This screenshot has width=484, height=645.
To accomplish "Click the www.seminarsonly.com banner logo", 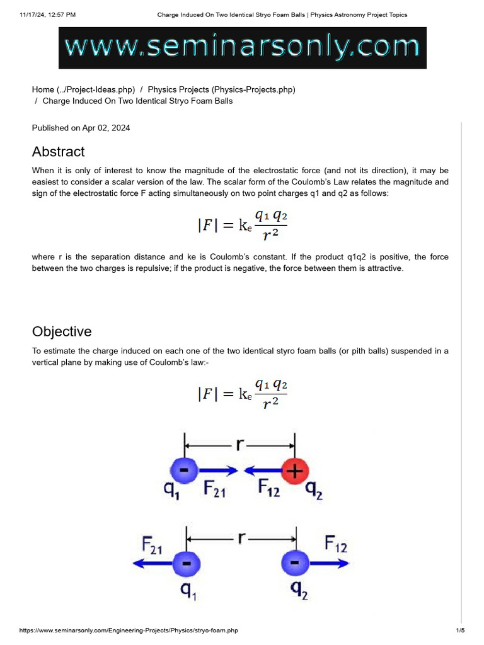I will (243, 47).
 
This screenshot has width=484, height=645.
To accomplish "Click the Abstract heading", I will (58, 152).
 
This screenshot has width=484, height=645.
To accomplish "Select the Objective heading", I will (62, 332).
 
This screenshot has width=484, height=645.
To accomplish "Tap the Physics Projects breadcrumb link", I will (221, 89).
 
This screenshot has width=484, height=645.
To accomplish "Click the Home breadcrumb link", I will (83, 89).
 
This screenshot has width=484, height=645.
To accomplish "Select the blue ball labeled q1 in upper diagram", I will (184, 470).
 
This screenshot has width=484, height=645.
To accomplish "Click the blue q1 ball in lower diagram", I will (184, 562).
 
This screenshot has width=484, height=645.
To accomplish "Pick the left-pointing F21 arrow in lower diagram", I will (151, 562).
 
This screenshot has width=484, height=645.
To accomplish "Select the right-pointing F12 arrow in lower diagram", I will (328, 562).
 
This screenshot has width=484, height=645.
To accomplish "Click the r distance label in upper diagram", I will (240, 445).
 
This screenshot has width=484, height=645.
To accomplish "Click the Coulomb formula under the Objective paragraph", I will (242, 393).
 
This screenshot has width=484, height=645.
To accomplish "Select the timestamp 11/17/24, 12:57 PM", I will (48, 14).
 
